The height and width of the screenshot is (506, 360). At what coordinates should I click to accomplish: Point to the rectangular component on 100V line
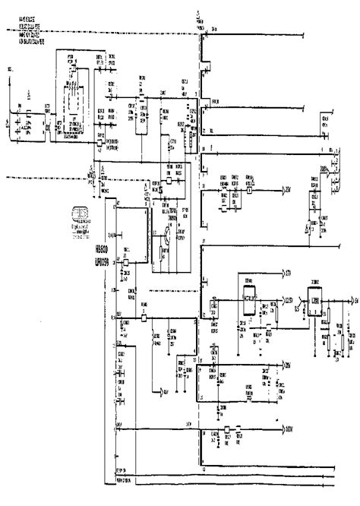point(226,430)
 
